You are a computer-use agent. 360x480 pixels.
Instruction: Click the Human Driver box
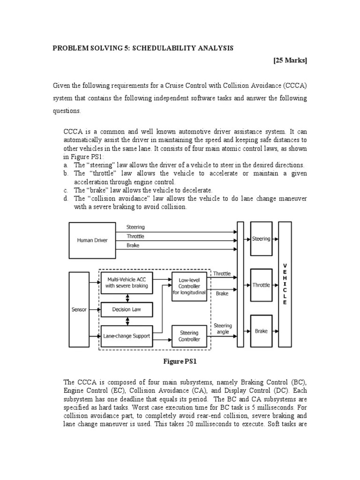coord(92,240)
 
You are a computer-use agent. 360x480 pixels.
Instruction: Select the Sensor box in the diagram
coord(79,309)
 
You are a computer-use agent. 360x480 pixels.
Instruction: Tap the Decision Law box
coord(126,309)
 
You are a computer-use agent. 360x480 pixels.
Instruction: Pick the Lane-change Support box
coord(126,336)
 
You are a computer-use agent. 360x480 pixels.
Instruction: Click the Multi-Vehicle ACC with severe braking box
coord(126,282)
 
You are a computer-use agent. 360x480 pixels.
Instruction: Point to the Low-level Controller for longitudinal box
coord(189,286)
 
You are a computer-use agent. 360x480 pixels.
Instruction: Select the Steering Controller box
coord(189,336)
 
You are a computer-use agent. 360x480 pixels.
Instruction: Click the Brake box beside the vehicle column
coord(261,331)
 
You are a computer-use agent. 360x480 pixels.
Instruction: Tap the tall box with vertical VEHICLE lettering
coord(285,284)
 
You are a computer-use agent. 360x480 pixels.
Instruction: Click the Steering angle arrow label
coord(223,329)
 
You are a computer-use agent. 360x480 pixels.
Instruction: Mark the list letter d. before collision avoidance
coord(66,199)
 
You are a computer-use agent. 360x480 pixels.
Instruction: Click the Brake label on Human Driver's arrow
coord(133,245)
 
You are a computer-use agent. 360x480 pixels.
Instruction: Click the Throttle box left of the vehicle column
coord(261,285)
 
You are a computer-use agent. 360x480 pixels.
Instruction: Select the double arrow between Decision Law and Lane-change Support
coord(126,322)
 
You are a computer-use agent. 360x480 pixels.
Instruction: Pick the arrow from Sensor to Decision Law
coord(95,309)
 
